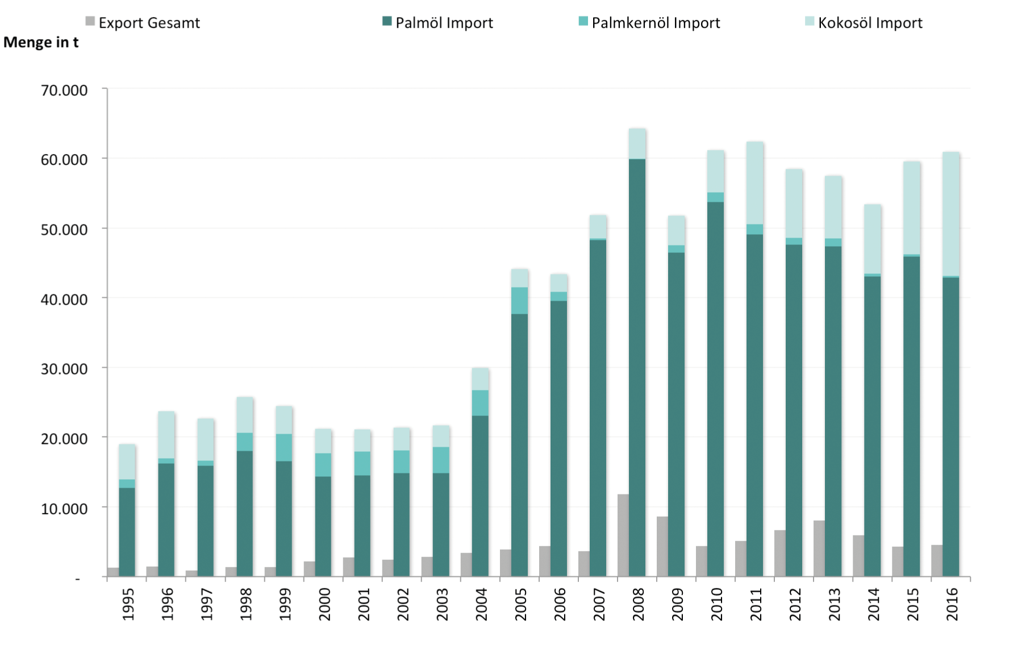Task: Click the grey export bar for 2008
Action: coord(623,535)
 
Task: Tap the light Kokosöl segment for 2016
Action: coord(951,214)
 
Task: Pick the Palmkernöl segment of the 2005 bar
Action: coord(519,301)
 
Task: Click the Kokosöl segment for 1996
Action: coord(166,435)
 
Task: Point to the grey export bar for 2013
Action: coord(819,548)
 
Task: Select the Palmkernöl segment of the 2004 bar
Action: coord(480,403)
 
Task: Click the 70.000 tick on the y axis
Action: coord(64,90)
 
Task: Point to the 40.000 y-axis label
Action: coord(64,300)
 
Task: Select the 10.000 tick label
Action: coord(64,509)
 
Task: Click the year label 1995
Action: coord(128,604)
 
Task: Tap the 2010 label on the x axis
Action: coord(716,604)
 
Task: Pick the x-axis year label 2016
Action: coord(952,604)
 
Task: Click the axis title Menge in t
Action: coord(41,43)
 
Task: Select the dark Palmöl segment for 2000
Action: coord(323,526)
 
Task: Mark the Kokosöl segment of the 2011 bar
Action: coord(755,183)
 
